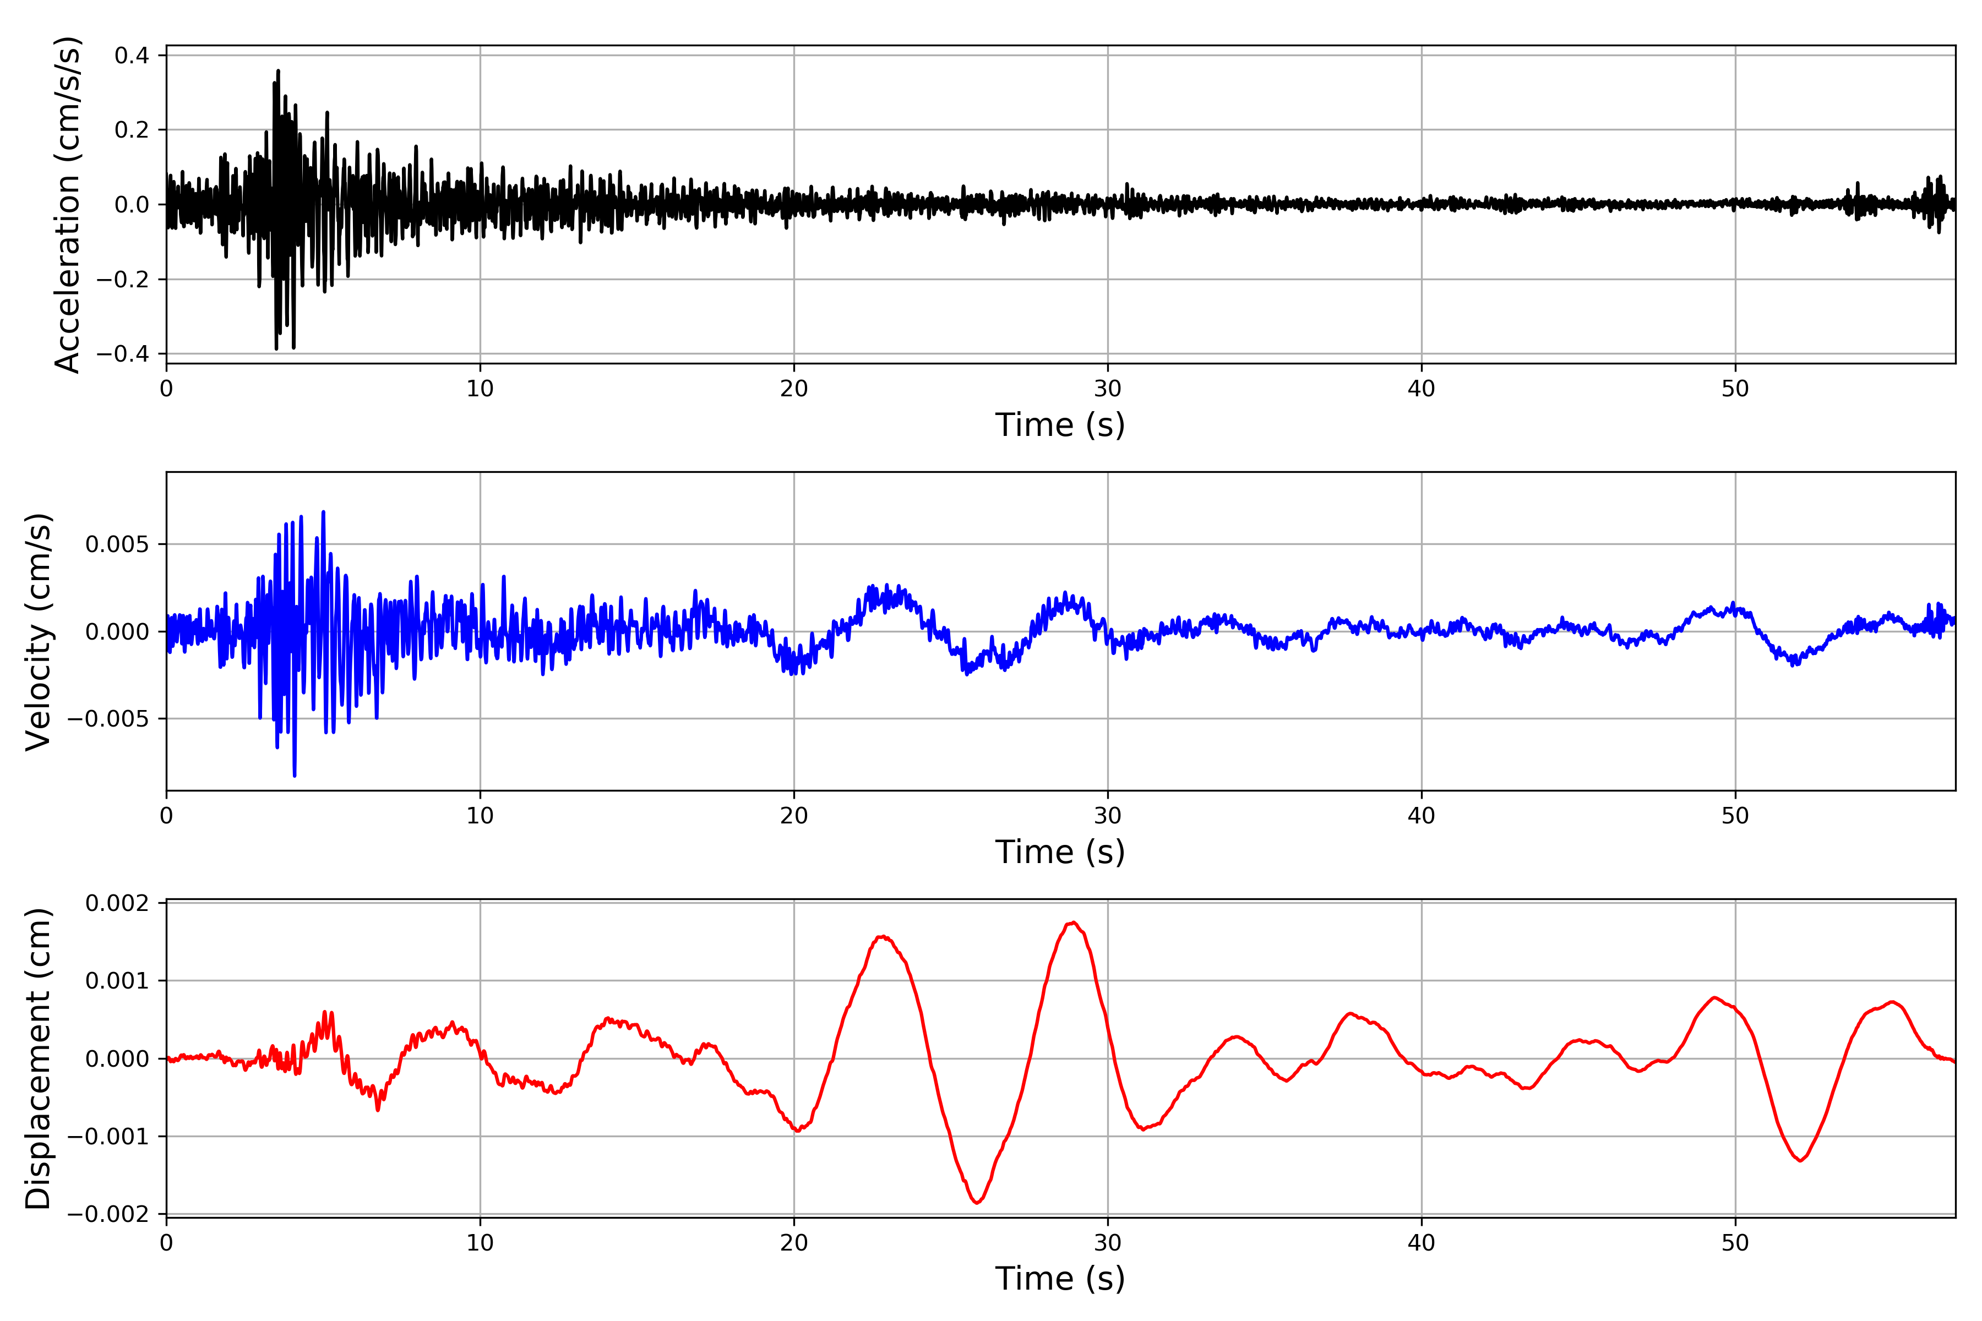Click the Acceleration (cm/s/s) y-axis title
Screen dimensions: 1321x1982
(67, 205)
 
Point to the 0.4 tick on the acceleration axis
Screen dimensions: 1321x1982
(132, 56)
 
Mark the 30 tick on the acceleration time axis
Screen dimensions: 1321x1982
(1107, 389)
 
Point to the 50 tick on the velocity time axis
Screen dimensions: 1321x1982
(1735, 816)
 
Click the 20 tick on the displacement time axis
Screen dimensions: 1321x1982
(794, 1243)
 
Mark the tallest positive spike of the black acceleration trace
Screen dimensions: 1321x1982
(278, 71)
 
